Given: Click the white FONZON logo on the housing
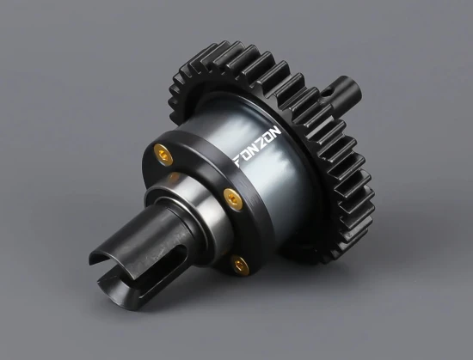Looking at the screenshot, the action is point(258,147).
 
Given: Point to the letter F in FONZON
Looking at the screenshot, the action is point(238,162).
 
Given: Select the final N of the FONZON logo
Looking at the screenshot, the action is point(276,131).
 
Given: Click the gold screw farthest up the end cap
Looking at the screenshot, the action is point(163,155).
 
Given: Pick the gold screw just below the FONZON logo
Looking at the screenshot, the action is point(233,199).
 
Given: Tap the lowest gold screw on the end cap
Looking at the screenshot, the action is point(240,265).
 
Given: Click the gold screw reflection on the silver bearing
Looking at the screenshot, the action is point(175,176).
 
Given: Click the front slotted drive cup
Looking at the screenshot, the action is point(142,250).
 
